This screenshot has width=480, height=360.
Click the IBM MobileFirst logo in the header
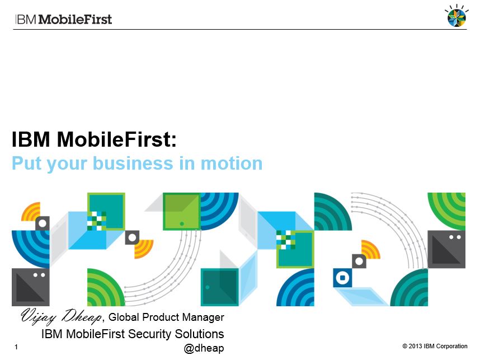(x=63, y=19)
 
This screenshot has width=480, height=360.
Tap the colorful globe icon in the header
(x=457, y=16)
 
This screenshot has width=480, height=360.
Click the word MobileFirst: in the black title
(x=116, y=139)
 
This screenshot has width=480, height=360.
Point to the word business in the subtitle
(x=133, y=163)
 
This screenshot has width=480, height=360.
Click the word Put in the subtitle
(x=27, y=163)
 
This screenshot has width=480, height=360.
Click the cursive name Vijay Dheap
(x=61, y=316)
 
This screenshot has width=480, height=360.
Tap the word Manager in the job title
(x=203, y=317)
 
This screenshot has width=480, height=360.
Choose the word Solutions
(x=199, y=334)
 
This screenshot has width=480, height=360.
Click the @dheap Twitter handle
(x=204, y=348)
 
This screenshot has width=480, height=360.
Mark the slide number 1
(x=16, y=347)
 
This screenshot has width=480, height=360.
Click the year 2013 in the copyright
(x=416, y=346)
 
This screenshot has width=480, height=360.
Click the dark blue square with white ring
(x=342, y=278)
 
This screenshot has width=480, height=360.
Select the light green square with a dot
(x=182, y=212)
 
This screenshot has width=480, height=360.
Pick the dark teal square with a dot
(x=219, y=287)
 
